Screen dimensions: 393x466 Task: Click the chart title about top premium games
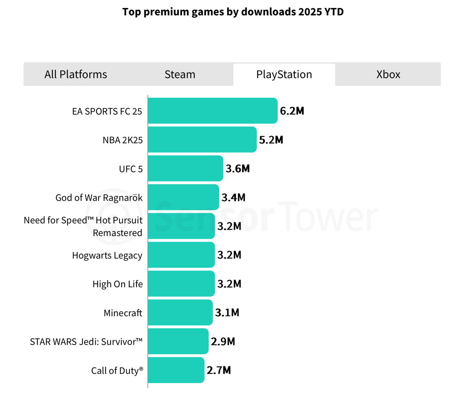[x=233, y=12]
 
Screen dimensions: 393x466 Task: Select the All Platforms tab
[x=76, y=75]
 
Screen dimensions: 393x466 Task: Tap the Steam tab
[x=180, y=75]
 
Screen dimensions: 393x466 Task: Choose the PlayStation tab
[x=284, y=75]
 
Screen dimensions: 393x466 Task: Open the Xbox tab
[x=388, y=75]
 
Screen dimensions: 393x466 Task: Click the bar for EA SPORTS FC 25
[x=213, y=111]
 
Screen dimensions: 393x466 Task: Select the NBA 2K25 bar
[x=202, y=140]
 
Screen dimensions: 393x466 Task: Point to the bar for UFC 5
[x=185, y=168]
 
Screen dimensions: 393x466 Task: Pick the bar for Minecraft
[x=180, y=313]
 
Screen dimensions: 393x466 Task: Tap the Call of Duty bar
[x=176, y=370]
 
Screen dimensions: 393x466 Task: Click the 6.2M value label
[x=292, y=111]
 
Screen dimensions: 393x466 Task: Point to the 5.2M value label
[x=271, y=140]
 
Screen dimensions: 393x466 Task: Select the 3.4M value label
[x=233, y=198]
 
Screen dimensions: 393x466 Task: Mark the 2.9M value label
[x=223, y=342]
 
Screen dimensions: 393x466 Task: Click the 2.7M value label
[x=219, y=370]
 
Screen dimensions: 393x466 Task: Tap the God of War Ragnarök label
[x=99, y=198]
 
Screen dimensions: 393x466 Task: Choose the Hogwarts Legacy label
[x=107, y=255]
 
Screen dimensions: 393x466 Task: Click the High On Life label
[x=118, y=284]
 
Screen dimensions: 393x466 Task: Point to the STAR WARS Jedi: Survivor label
[x=86, y=342]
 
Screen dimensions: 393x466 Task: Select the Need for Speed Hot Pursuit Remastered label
[x=83, y=226]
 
